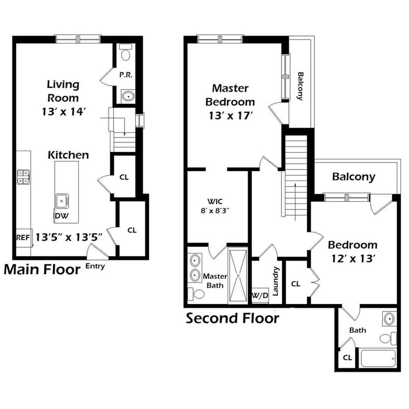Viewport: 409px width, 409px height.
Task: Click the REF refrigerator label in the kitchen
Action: (x=23, y=238)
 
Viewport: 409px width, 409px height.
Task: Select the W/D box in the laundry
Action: (x=260, y=295)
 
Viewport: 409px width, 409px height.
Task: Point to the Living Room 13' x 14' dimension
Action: (x=64, y=112)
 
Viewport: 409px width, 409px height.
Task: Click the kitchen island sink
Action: (x=61, y=201)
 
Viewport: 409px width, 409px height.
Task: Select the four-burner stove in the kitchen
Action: (x=23, y=177)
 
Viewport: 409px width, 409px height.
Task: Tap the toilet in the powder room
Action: (x=125, y=53)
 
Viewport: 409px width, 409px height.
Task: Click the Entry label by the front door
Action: (x=95, y=266)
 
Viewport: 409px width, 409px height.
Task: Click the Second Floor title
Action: (x=232, y=318)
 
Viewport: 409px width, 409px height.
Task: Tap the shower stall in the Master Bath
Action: (x=238, y=276)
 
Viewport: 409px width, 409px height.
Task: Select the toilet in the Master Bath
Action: (x=196, y=294)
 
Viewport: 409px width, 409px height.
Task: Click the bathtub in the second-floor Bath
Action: (x=378, y=358)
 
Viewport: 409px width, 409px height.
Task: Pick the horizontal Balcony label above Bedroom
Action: (x=354, y=177)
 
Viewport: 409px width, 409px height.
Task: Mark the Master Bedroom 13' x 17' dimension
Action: (x=231, y=116)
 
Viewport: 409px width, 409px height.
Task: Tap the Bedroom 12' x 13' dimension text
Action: (x=352, y=259)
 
